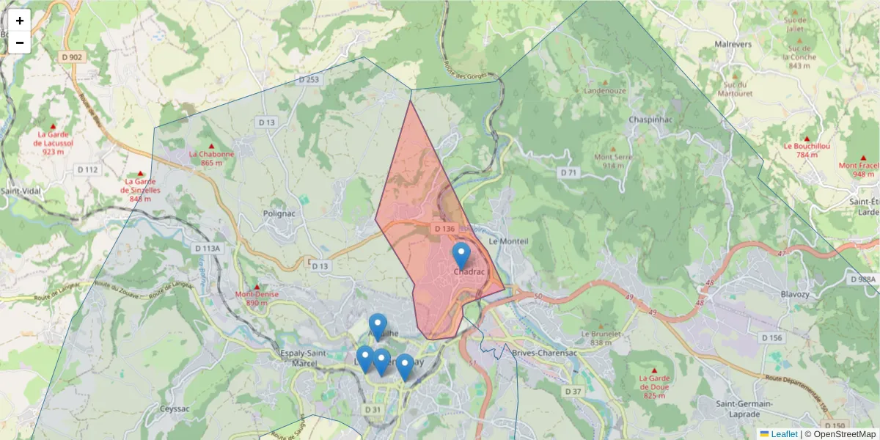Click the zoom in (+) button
20,21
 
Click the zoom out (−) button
20,43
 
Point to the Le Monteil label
508,241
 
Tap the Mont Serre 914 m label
613,161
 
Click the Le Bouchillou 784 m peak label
807,150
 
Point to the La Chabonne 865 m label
212,158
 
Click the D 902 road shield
72,56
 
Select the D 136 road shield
444,229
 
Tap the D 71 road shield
568,172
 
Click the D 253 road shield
309,78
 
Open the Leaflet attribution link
783,434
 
